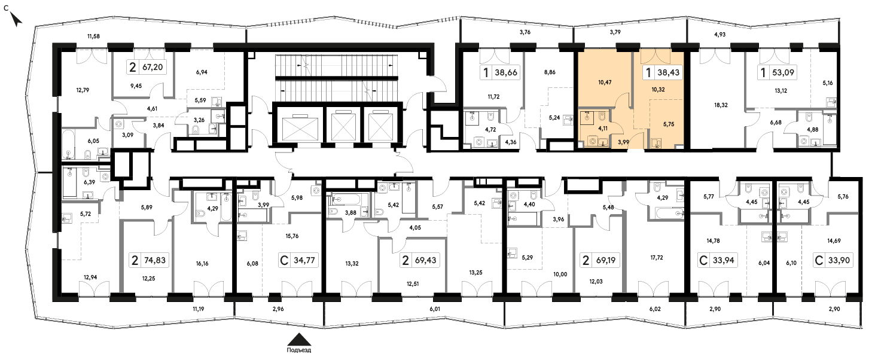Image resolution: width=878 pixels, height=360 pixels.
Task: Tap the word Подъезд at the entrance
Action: [298, 350]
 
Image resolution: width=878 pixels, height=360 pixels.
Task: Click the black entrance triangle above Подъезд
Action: [299, 339]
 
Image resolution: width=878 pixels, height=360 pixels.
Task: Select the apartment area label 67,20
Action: [153, 67]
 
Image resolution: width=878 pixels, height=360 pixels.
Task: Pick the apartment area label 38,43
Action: [668, 72]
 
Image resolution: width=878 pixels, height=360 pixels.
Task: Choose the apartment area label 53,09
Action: [783, 72]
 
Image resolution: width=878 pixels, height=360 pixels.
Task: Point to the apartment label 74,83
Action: [155, 260]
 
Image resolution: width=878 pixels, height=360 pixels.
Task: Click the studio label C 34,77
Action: [298, 260]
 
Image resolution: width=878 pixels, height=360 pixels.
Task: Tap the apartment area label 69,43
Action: [425, 260]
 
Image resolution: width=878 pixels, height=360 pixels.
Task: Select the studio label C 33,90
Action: [833, 260]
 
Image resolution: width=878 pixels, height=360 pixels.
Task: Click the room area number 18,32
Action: [721, 105]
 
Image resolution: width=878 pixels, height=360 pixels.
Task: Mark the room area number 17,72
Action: [657, 257]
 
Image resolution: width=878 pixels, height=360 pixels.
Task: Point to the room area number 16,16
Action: [202, 264]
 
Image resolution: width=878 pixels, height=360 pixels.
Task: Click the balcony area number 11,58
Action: [93, 36]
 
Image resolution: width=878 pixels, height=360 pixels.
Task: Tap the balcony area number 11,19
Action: [199, 309]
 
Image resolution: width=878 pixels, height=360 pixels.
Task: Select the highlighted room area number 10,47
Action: [605, 83]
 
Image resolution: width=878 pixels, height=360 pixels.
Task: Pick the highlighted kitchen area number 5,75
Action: [669, 124]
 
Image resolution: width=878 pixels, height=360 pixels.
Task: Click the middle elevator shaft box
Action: [343, 125]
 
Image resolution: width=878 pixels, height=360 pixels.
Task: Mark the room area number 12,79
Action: [83, 90]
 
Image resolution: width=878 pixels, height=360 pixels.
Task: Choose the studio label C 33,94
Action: [717, 260]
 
